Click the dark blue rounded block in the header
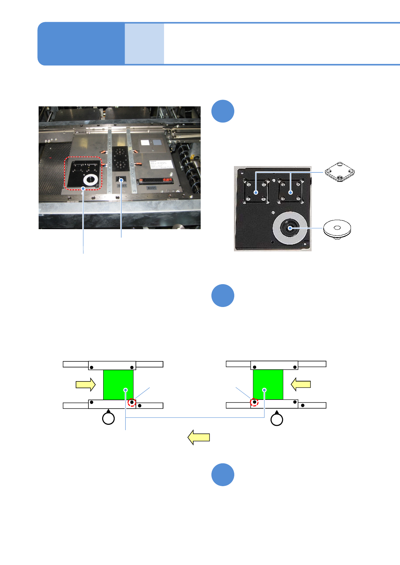[x=81, y=44]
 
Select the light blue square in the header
[x=144, y=44]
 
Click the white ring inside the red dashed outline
[x=91, y=180]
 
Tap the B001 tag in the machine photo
[x=152, y=188]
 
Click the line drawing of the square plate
[x=340, y=172]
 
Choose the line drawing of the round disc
[x=337, y=229]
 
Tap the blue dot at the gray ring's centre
[x=290, y=228]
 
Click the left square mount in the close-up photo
[x=256, y=192]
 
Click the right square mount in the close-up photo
[x=291, y=192]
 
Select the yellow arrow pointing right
[x=86, y=384]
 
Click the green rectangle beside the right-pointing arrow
[x=118, y=385]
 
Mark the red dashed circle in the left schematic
[x=132, y=402]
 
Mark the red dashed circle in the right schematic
[x=254, y=402]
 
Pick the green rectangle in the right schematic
[x=268, y=384]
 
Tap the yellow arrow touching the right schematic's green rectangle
[x=301, y=384]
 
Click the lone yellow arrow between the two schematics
[x=199, y=437]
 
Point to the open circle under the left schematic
[x=108, y=419]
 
